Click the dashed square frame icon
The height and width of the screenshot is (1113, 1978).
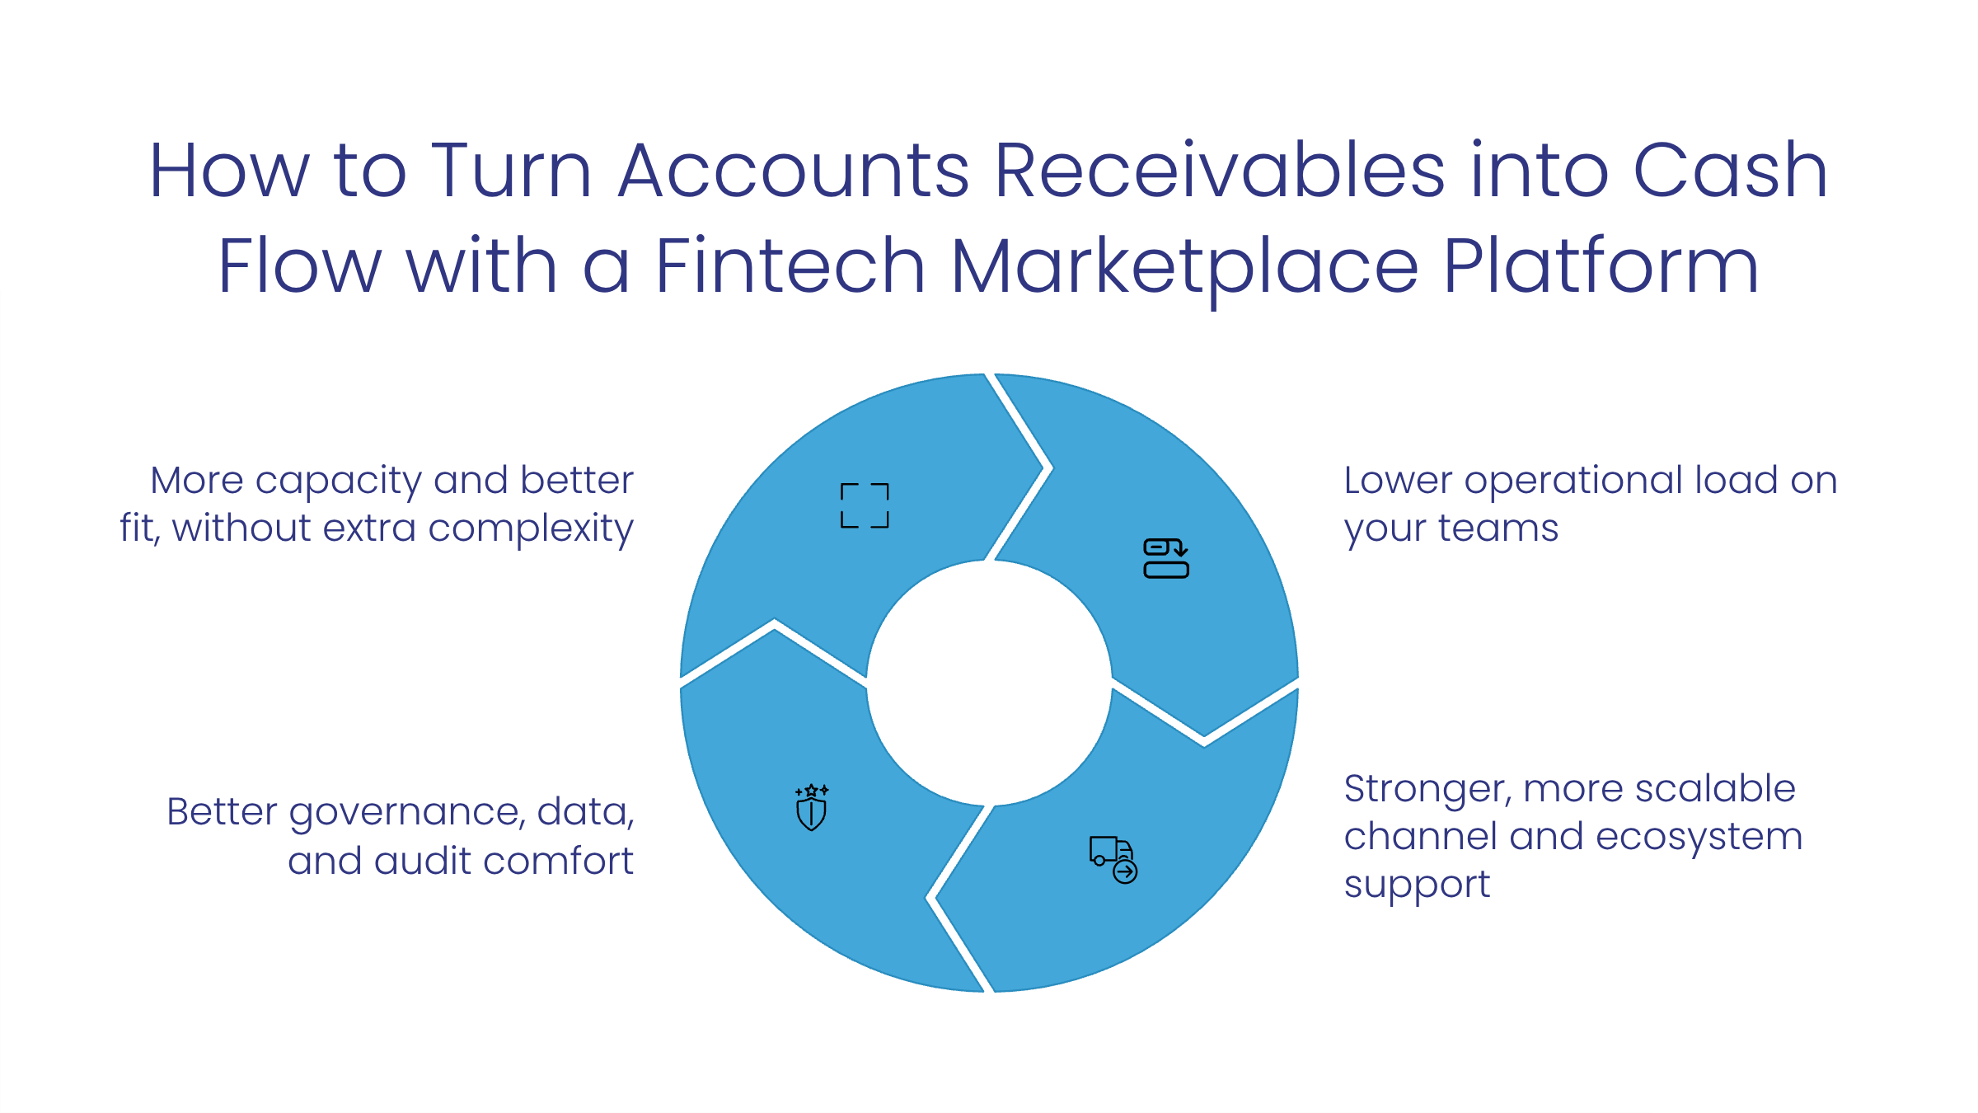(865, 505)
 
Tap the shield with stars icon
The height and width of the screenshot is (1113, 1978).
(812, 807)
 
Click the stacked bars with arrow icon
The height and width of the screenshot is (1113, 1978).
(1166, 558)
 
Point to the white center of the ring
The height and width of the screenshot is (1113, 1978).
(989, 683)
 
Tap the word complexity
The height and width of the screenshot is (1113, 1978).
(531, 529)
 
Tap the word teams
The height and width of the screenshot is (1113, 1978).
(1498, 528)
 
